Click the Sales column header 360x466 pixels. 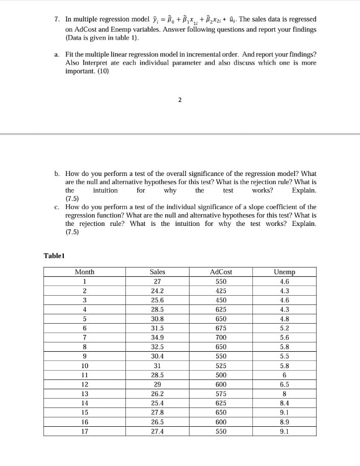click(158, 272)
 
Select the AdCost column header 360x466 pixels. click(221, 272)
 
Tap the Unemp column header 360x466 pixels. click(285, 272)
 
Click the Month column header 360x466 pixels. click(84, 272)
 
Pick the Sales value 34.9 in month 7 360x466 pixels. click(158, 337)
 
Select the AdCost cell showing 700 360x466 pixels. click(221, 337)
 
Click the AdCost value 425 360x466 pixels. click(221, 291)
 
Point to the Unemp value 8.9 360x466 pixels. click(285, 421)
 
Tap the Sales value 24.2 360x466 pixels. click(158, 291)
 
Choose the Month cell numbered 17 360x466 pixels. click(84, 431)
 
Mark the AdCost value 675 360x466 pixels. click(221, 328)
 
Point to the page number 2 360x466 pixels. click(179, 100)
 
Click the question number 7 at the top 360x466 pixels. click(57, 19)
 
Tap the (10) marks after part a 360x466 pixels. click(102, 71)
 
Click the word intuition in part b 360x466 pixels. click(105, 190)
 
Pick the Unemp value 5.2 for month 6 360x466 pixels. click(285, 328)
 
